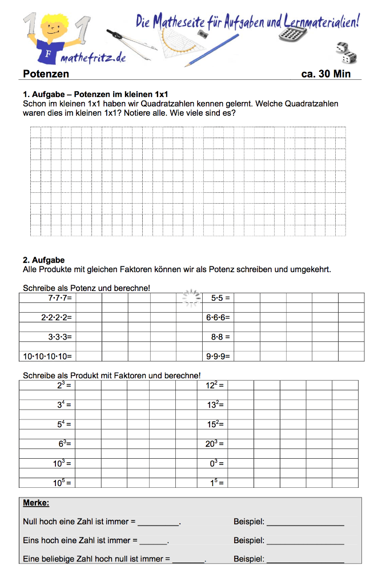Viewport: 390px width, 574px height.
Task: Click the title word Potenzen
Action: pyautogui.click(x=46, y=74)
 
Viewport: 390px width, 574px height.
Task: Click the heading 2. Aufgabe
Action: pyautogui.click(x=44, y=260)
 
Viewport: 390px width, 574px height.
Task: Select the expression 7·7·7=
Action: pyautogui.click(x=59, y=298)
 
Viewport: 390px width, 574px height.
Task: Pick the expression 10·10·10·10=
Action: pyautogui.click(x=47, y=357)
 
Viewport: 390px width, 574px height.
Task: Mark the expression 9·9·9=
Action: pyautogui.click(x=218, y=357)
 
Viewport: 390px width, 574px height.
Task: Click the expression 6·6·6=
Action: pyautogui.click(x=218, y=317)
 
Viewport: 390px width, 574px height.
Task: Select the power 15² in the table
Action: pyautogui.click(x=215, y=424)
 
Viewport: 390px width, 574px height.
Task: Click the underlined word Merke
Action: pyautogui.click(x=36, y=503)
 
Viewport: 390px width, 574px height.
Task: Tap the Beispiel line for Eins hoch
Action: pyautogui.click(x=305, y=541)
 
